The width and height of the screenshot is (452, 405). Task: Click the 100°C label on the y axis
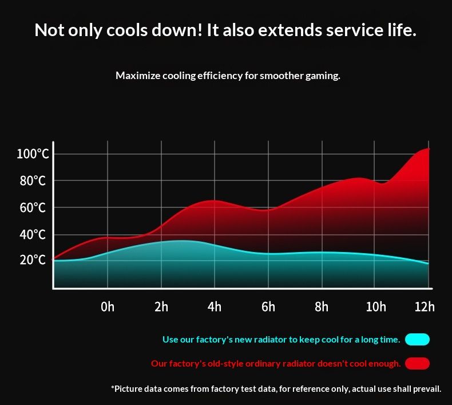click(x=33, y=154)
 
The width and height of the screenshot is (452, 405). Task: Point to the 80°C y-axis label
click(x=33, y=181)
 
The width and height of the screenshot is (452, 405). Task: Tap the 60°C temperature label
click(x=33, y=207)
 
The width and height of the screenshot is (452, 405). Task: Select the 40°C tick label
click(x=33, y=234)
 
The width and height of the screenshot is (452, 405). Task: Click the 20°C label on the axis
click(x=33, y=260)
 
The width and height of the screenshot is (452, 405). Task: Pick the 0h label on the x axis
click(x=107, y=307)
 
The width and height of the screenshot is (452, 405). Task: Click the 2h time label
click(x=161, y=307)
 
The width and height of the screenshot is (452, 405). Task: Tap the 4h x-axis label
click(x=215, y=307)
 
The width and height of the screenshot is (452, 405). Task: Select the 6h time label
click(x=268, y=307)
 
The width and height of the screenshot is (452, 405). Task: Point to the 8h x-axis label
click(x=322, y=307)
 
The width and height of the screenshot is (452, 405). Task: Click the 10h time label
click(x=376, y=307)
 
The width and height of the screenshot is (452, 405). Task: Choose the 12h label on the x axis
click(x=425, y=307)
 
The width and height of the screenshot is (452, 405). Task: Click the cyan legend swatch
click(x=417, y=340)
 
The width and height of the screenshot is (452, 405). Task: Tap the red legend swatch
click(x=417, y=364)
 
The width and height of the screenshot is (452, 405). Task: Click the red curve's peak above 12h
click(x=426, y=149)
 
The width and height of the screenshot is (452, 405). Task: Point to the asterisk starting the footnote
click(x=112, y=388)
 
